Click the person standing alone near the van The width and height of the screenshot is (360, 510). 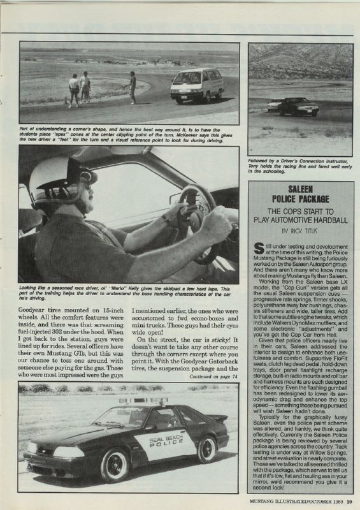(x=132, y=87)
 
